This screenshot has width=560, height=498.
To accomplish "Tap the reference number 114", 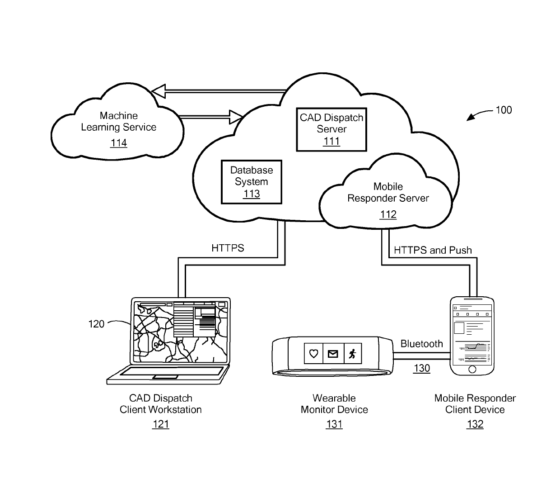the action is tap(119, 143).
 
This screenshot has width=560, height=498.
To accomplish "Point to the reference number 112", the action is tap(388, 214).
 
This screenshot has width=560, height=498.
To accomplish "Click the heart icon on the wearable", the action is tap(313, 354).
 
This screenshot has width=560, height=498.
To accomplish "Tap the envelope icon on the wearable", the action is tap(333, 354).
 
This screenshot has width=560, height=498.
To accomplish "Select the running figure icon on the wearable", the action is tap(352, 354).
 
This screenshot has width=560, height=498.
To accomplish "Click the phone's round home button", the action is tap(472, 369).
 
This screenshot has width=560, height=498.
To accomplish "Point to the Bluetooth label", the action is tap(421, 344).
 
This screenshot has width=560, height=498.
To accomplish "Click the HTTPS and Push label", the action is tap(433, 250).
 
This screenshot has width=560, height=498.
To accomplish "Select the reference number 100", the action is tap(504, 110).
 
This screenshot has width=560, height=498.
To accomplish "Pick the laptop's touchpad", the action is tap(165, 377).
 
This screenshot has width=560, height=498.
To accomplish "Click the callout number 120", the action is tap(96, 324).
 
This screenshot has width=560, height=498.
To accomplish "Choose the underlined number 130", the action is tap(422, 368).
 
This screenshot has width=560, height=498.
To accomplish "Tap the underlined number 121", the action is tap(161, 424).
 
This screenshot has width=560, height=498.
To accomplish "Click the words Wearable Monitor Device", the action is tap(334, 403).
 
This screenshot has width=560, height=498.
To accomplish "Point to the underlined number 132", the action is tap(475, 424).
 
